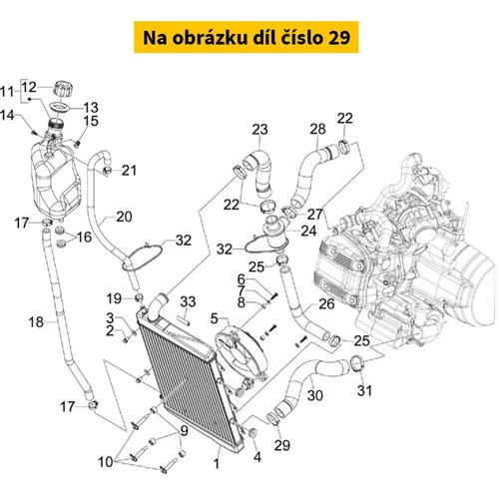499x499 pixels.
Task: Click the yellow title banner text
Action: coord(247,38)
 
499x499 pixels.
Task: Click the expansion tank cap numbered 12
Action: coord(63,89)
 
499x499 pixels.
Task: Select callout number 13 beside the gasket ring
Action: coord(91,108)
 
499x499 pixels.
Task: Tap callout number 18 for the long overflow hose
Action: coord(36,322)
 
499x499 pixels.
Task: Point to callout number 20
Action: coord(124,217)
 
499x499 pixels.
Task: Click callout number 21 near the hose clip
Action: coord(129,171)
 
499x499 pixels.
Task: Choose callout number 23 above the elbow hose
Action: coord(259,130)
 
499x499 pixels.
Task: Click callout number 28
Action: coord(317,129)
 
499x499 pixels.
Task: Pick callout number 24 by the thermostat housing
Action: coord(308,231)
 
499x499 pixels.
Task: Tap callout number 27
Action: coord(314,215)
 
